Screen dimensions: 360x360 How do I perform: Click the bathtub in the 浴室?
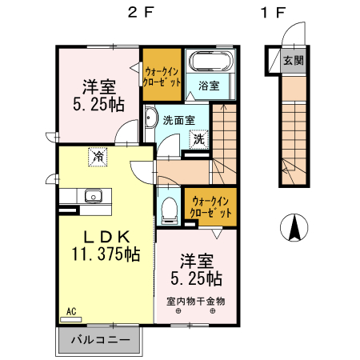point(211,61)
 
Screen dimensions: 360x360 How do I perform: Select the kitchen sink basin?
point(94,196)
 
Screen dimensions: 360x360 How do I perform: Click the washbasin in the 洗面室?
point(150,118)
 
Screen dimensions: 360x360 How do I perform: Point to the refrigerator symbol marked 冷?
point(98,157)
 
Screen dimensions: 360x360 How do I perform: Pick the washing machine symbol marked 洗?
point(198,139)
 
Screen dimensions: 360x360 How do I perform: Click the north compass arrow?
point(294,227)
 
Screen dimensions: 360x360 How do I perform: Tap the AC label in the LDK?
point(71,311)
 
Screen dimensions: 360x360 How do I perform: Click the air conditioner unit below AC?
point(71,319)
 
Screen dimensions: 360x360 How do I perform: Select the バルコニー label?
point(101,340)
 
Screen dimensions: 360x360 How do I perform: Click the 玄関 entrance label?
point(294,61)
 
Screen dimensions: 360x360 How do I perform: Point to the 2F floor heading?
point(141,12)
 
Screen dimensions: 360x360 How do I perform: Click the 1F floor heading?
point(273,12)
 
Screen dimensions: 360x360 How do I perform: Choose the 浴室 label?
point(209,86)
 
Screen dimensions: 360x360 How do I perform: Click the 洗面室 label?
point(179,120)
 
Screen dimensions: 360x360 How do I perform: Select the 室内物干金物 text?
point(196,302)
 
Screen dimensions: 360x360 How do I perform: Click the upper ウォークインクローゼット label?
point(162,77)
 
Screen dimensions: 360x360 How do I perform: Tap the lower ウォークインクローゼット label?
point(210,207)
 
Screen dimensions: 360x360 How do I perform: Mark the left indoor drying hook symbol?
point(178,310)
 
